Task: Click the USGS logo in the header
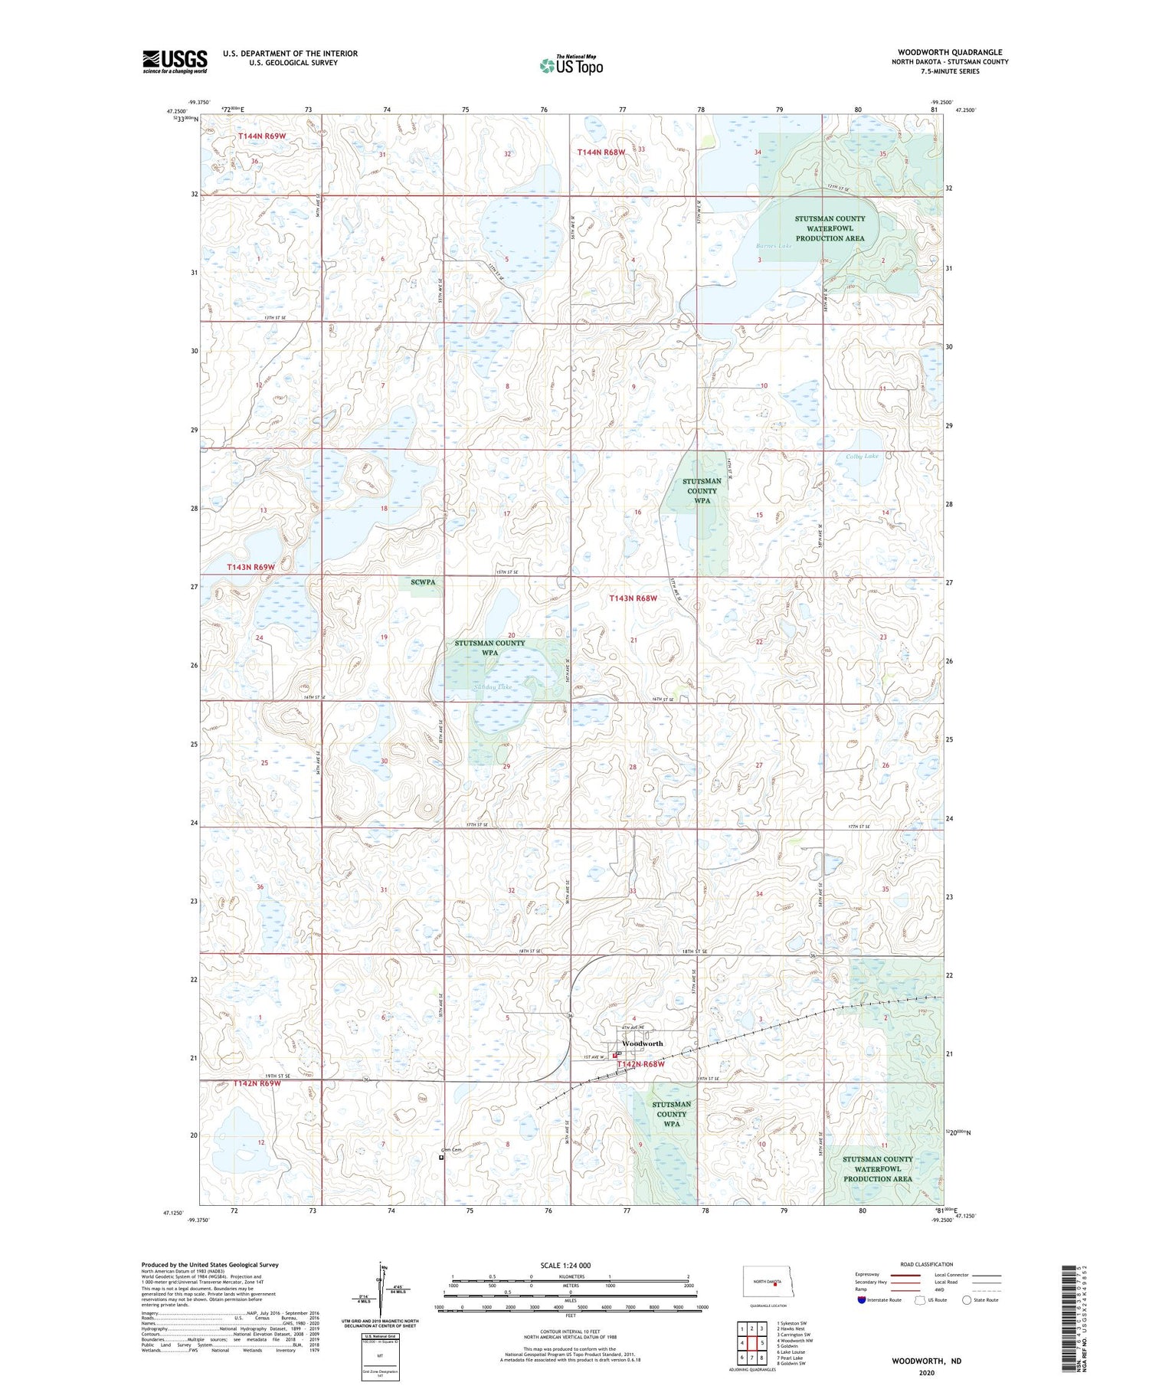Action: tap(175, 61)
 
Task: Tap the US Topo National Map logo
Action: tap(571, 65)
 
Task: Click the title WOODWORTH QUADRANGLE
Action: tap(950, 52)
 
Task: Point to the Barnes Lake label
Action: tap(773, 246)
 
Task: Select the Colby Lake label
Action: tap(862, 456)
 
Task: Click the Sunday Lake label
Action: tap(493, 687)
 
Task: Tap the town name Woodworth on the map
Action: tap(643, 1043)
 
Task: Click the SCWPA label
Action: tap(423, 582)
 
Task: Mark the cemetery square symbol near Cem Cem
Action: tap(441, 1158)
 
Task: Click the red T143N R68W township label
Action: tap(633, 598)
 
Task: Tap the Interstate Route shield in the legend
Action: tap(861, 1300)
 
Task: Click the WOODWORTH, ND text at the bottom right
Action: tap(926, 1361)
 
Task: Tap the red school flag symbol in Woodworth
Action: tap(616, 1056)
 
